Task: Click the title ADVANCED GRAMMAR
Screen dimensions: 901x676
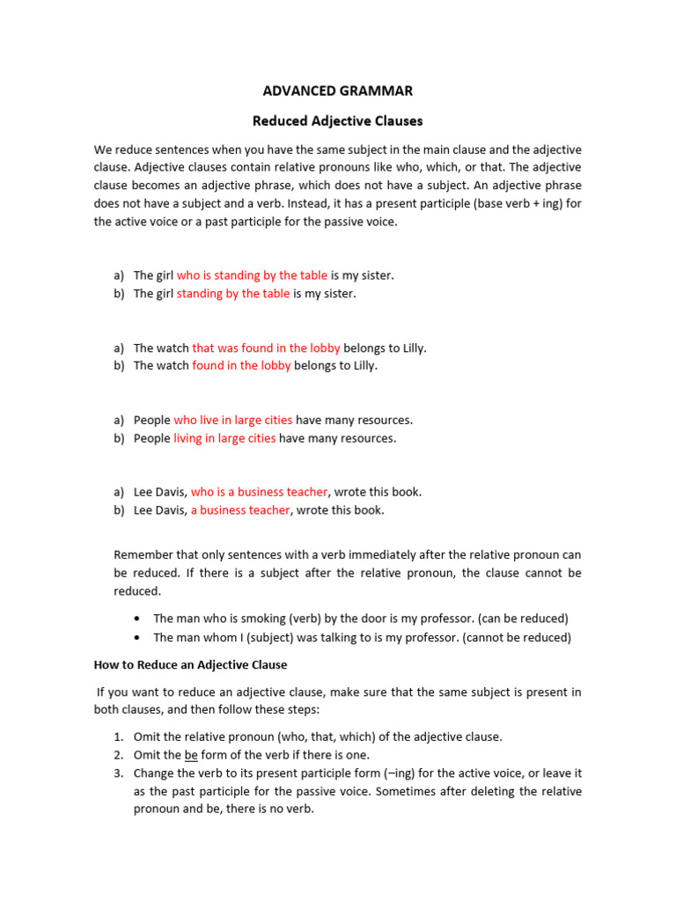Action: coord(338,91)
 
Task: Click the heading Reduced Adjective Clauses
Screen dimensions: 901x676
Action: coord(338,121)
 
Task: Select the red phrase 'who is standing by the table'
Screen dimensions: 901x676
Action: coord(252,275)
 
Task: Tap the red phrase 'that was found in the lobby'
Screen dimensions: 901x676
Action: coord(266,348)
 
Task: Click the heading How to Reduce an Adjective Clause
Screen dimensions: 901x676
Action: coord(191,665)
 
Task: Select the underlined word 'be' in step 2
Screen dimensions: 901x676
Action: coord(191,755)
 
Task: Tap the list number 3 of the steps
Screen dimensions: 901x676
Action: coord(118,773)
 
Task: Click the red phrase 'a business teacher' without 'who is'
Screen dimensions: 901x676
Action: coord(239,509)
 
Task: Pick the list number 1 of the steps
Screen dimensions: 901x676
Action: coord(118,736)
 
